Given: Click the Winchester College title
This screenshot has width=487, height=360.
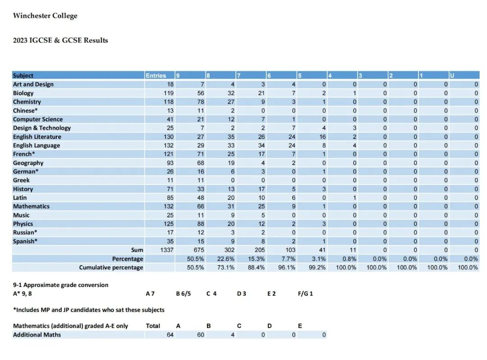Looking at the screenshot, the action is [45, 16].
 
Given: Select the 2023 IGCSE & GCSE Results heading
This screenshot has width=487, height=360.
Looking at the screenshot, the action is [60, 41].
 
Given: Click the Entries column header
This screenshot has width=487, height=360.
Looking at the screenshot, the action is [156, 75].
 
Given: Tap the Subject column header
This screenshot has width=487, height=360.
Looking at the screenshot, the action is [23, 75].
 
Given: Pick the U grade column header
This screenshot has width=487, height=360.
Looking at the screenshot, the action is [452, 75].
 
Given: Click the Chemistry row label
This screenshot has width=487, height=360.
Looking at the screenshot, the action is [27, 102].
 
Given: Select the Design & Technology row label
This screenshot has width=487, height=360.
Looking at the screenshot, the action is [42, 128].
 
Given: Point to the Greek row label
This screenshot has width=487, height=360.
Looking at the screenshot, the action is [21, 180].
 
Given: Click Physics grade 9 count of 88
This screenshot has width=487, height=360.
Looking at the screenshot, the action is [201, 224].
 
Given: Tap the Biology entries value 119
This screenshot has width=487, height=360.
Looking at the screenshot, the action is [169, 93].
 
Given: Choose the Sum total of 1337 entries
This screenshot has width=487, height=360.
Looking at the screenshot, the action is [167, 250].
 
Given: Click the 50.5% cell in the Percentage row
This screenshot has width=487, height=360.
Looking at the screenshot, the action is [195, 259].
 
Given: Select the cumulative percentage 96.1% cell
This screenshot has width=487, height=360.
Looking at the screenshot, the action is [287, 268].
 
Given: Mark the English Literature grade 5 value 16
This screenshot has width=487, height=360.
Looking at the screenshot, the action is [322, 137].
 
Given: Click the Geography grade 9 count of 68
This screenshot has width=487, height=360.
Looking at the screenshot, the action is [201, 163].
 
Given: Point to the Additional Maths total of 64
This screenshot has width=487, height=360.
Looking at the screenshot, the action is [170, 335].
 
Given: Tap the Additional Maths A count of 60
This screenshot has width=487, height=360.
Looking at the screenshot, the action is [201, 335].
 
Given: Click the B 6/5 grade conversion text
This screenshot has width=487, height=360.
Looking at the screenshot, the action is [184, 294].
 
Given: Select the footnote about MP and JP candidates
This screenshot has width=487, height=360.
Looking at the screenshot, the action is [89, 309].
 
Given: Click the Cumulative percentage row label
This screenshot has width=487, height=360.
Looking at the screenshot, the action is [111, 268].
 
